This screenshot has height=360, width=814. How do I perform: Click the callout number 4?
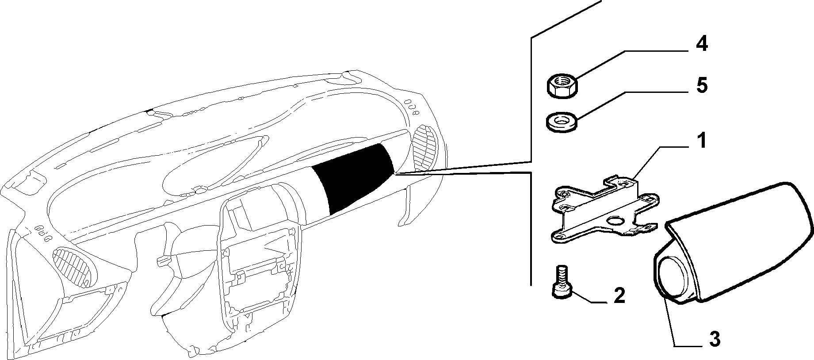click(x=702, y=44)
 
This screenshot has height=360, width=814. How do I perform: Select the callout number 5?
click(x=702, y=85)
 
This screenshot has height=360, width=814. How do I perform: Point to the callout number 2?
click(x=619, y=295)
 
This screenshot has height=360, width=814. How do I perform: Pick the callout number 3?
click(x=715, y=339)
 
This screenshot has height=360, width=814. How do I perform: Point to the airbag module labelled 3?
click(x=734, y=243)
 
